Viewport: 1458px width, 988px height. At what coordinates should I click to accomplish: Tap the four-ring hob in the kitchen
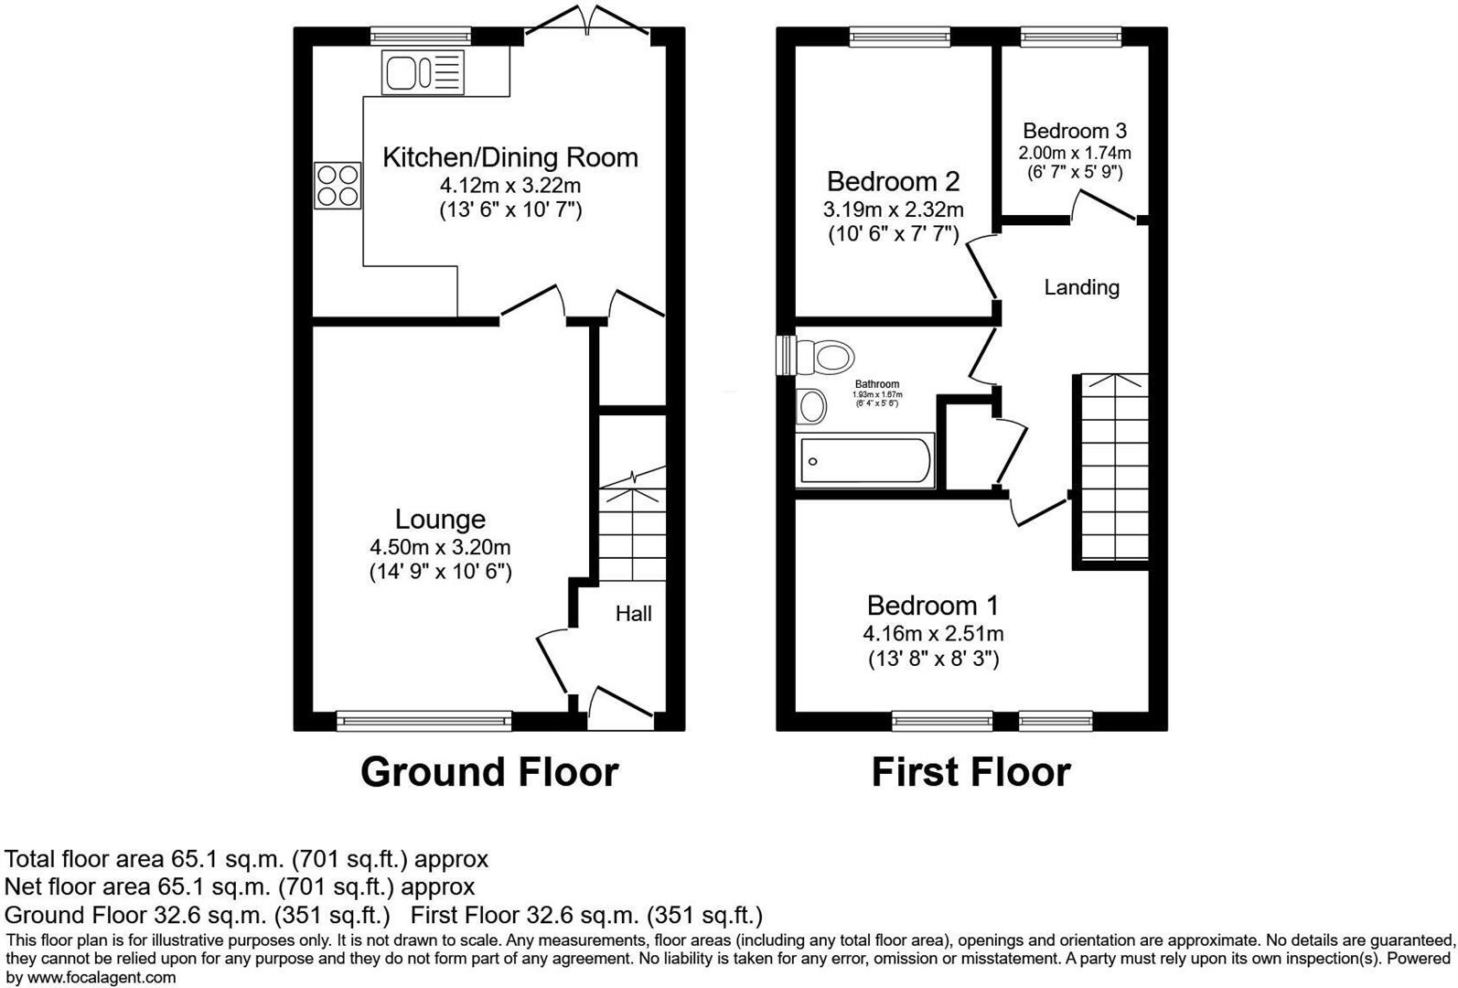(338, 186)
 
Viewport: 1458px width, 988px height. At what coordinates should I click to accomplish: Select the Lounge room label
(440, 520)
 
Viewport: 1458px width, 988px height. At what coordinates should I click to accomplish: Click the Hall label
(633, 614)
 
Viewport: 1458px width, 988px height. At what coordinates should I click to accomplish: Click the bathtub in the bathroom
(865, 460)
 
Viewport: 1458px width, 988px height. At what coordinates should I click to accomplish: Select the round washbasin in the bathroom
(811, 406)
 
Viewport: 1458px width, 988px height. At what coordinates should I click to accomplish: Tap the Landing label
(1081, 287)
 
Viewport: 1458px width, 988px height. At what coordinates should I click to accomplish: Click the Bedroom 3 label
(1075, 131)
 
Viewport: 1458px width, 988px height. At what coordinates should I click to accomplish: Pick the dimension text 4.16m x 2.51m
(933, 633)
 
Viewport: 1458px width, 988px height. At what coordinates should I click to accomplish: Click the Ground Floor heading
(489, 772)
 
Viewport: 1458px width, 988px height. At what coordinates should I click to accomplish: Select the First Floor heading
(970, 772)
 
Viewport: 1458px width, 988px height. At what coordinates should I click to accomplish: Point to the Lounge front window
(424, 721)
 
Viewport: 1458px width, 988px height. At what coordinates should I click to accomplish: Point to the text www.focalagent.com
(91, 977)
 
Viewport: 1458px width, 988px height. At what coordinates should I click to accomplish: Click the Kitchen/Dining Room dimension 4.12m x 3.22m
(509, 186)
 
